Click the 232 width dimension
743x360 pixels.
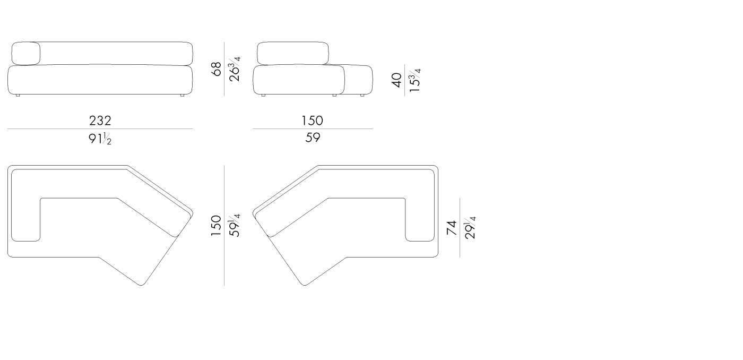pos(100,121)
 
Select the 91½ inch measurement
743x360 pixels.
pos(100,139)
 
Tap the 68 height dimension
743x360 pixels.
pos(217,68)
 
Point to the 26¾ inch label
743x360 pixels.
pos(234,69)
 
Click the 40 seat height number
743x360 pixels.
pos(397,80)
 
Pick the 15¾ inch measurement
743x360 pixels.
pos(414,80)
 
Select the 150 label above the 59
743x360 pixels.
pos(312,121)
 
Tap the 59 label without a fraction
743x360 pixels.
pos(313,138)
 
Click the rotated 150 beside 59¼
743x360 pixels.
pos(217,226)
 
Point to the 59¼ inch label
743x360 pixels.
pos(234,226)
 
